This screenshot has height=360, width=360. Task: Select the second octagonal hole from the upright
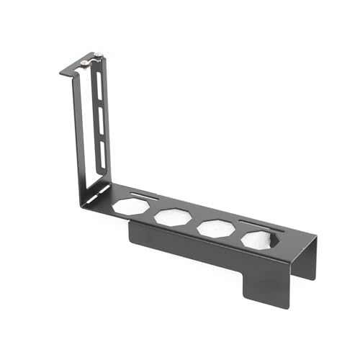171,216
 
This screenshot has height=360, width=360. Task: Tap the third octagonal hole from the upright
214,228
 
